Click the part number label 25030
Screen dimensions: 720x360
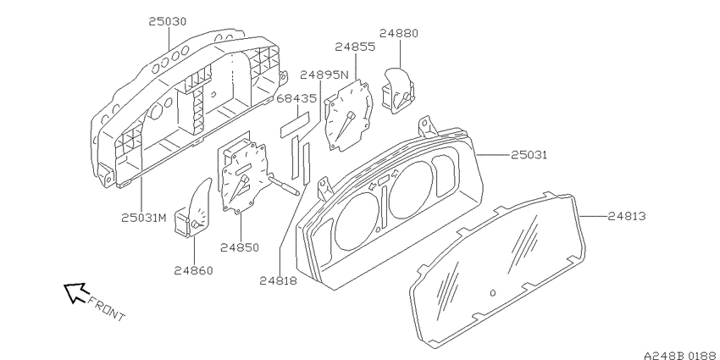tap(168, 21)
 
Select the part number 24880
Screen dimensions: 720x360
tap(399, 34)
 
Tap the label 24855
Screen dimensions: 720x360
tap(355, 47)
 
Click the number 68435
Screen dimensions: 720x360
tap(296, 99)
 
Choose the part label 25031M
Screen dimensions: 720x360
tap(144, 218)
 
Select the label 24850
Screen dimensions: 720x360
tap(240, 247)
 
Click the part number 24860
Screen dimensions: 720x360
tap(193, 271)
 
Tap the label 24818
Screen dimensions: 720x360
tap(279, 280)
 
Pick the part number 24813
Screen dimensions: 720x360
tap(627, 216)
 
